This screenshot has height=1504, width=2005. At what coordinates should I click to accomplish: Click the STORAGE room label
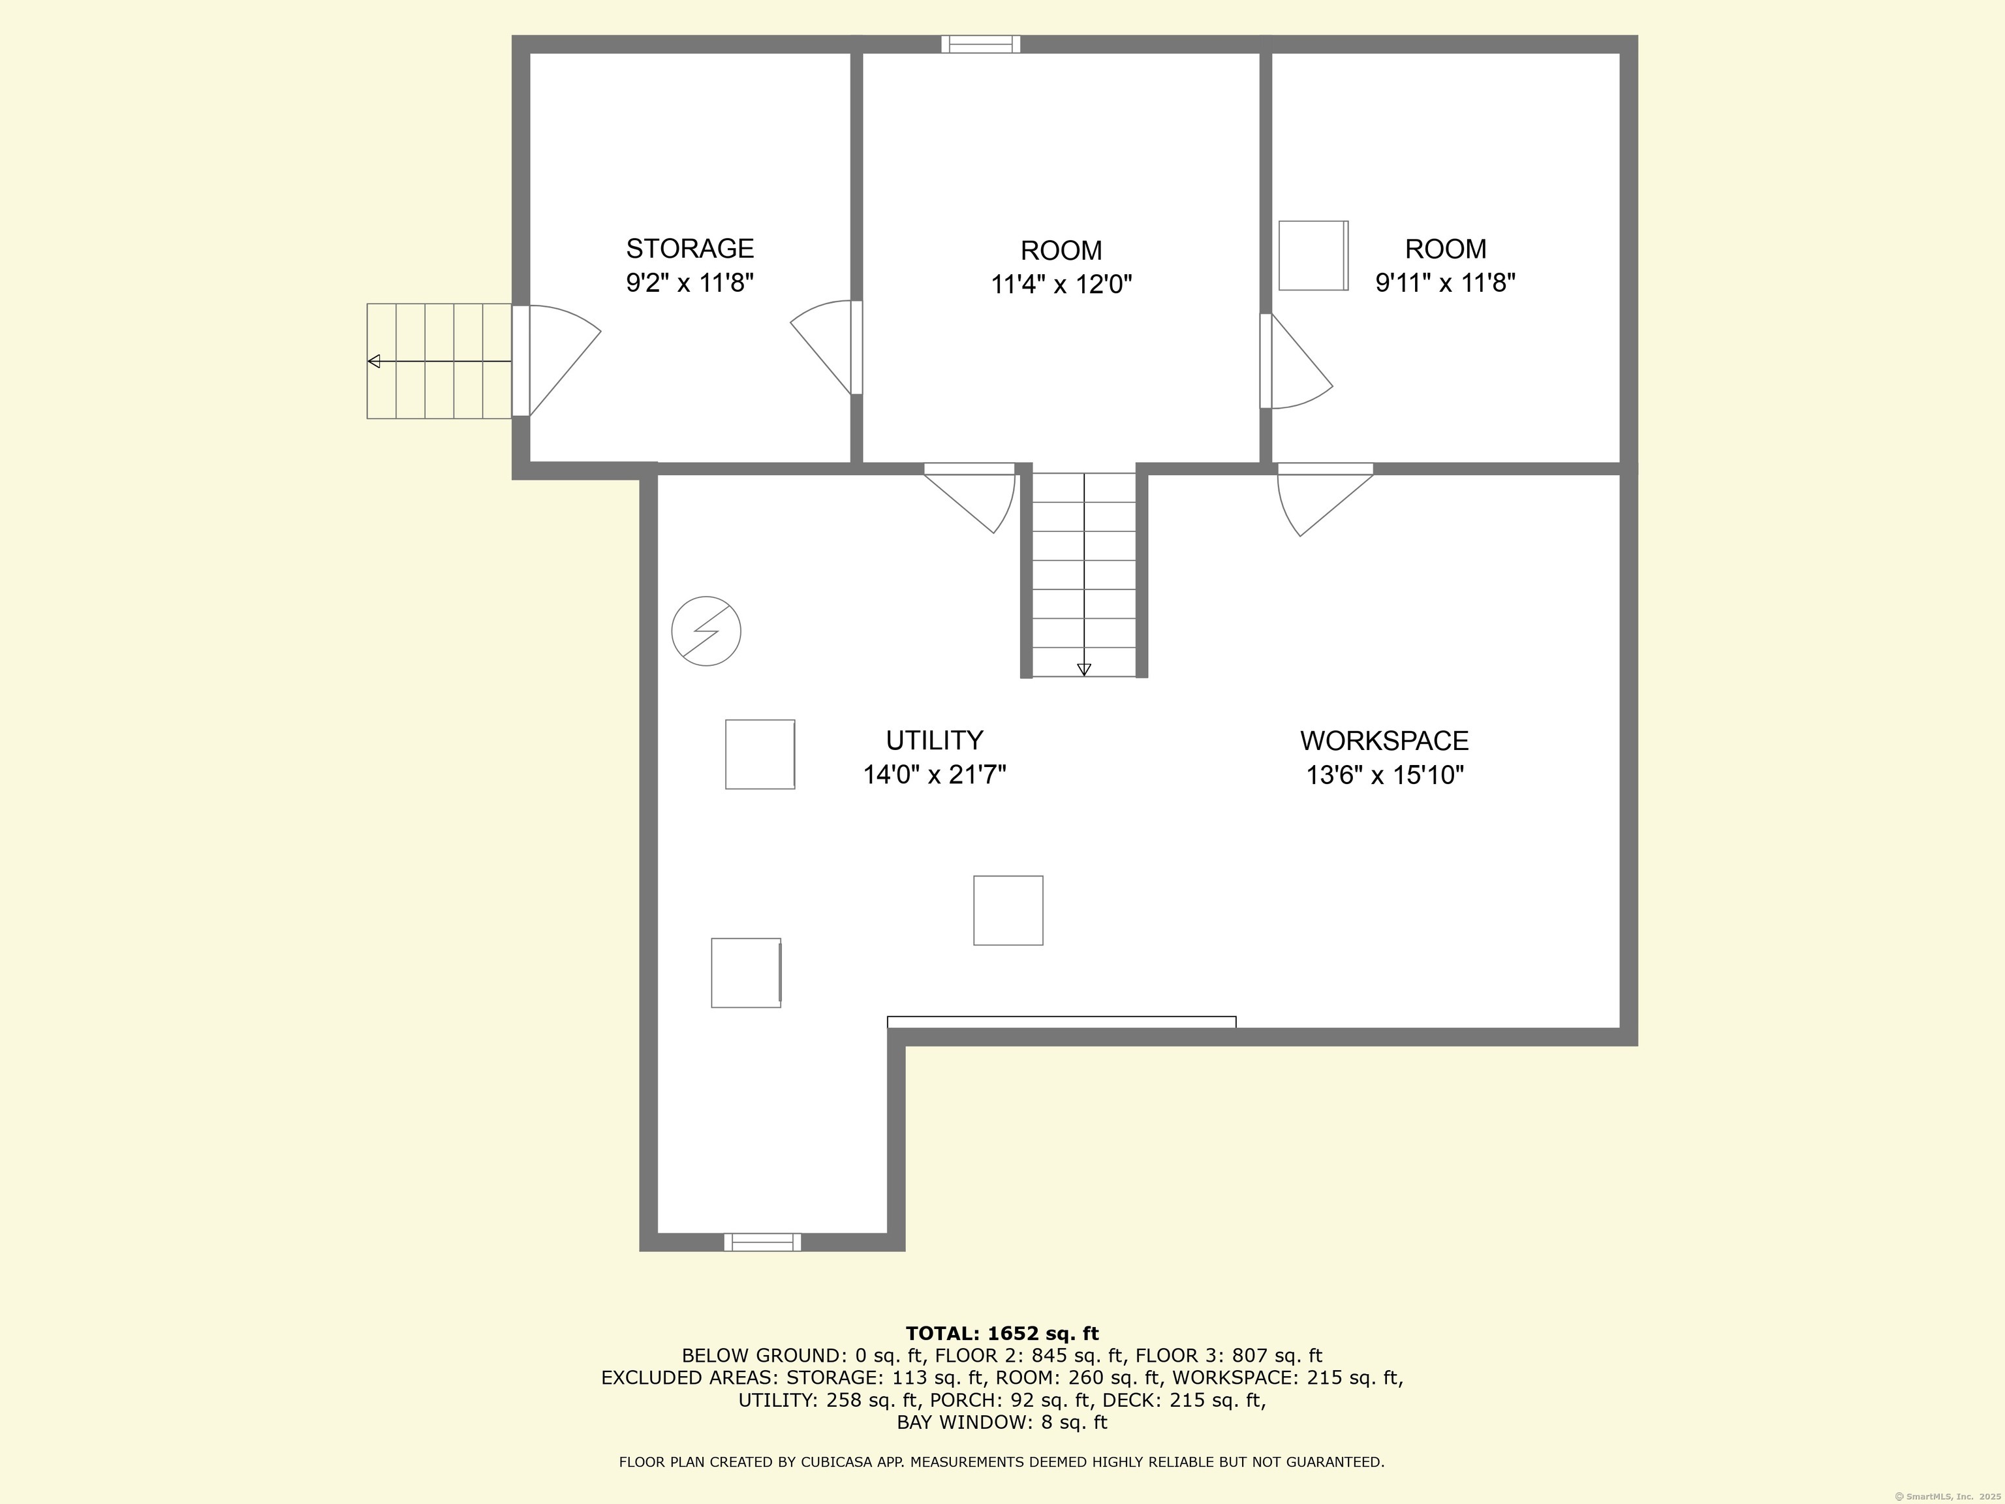coord(690,249)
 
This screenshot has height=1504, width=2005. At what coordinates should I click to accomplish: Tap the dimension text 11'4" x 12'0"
coord(1061,285)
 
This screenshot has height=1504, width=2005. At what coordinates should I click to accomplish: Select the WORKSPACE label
coord(1384,741)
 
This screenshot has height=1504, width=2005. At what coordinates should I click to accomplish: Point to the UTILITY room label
coord(935,741)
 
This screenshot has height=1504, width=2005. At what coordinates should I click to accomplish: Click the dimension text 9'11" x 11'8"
coord(1446,283)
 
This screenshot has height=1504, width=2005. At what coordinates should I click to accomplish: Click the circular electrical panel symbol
coord(706,631)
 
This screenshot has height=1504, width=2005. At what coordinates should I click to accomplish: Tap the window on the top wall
coord(981,44)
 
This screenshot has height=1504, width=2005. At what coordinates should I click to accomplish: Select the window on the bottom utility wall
coord(762,1242)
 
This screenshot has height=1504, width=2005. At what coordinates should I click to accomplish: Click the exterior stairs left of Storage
coord(440,361)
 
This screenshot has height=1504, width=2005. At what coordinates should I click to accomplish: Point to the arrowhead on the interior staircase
coord(1084,670)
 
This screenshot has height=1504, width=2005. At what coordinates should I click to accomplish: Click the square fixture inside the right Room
coord(1313,256)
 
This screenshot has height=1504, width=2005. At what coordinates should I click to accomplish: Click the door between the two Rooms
coord(1296,361)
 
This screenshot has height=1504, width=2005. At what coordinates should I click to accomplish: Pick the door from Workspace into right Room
coord(1325,499)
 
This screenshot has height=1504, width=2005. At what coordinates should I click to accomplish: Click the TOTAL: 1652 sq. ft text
coord(1002,1334)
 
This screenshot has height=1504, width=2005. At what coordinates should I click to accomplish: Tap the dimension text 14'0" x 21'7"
coord(935,775)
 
